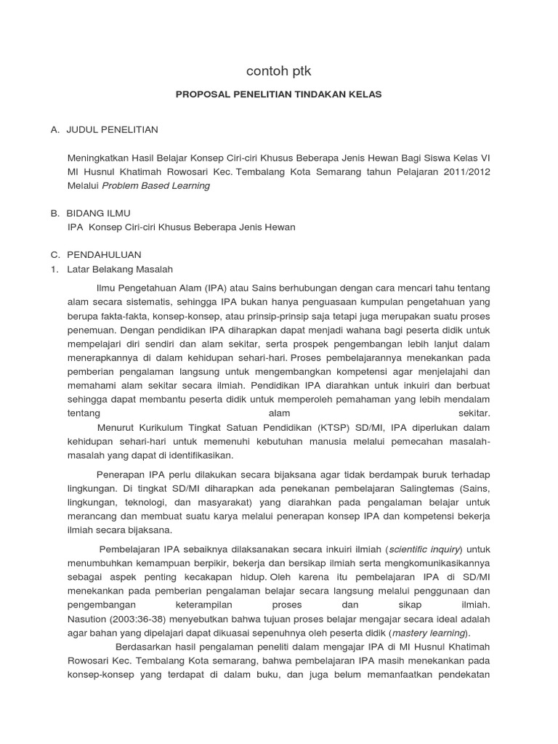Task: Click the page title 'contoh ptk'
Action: pyautogui.click(x=279, y=71)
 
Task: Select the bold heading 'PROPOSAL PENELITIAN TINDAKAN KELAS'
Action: pyautogui.click(x=279, y=94)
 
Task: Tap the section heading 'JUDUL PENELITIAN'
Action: pyautogui.click(x=112, y=129)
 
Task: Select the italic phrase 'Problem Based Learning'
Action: pyautogui.click(x=155, y=186)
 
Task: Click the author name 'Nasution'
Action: pyautogui.click(x=86, y=619)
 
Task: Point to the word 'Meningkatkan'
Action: pyautogui.click(x=97, y=158)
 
